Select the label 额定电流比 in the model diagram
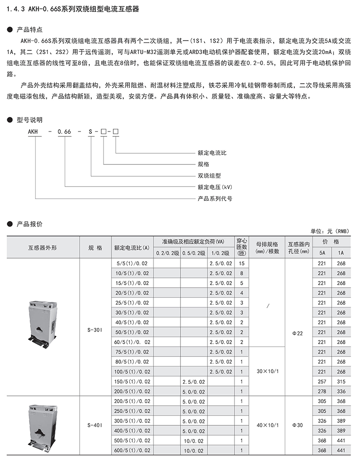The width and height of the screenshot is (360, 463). pyautogui.click(x=212, y=153)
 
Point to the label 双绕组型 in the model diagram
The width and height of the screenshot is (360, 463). pyautogui.click(x=209, y=176)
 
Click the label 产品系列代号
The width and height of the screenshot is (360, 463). pyautogui.click(x=215, y=198)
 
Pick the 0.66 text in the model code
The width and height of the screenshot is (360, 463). pyautogui.click(x=65, y=131)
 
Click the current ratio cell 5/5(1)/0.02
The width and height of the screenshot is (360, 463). pyautogui.click(x=131, y=263)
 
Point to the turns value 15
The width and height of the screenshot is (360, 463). pyautogui.click(x=242, y=263)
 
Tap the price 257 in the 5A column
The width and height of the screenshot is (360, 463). pyautogui.click(x=321, y=381)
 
